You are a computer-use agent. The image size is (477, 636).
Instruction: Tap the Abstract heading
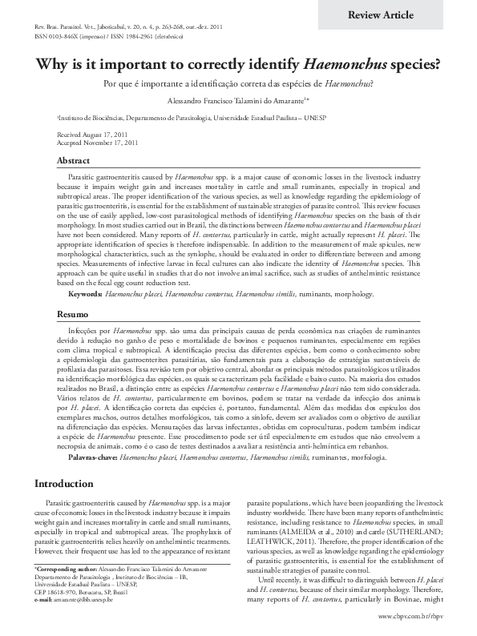click(73, 161)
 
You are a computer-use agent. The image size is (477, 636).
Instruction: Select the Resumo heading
click(72, 338)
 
